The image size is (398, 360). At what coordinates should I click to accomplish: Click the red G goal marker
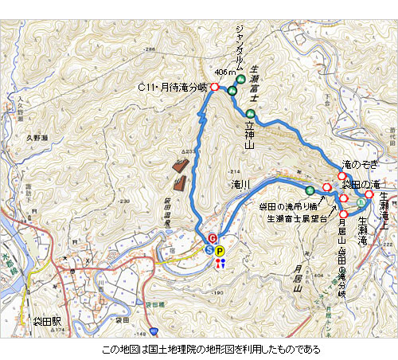coord(213,238)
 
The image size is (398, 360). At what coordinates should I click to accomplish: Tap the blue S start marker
coord(210,250)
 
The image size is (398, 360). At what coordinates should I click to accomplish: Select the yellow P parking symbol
coord(220,251)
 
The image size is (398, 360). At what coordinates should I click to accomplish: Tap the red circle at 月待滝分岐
coord(214,86)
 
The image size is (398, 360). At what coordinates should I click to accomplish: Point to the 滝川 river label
coord(241,184)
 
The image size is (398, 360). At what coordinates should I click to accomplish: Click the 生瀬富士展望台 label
coord(297,217)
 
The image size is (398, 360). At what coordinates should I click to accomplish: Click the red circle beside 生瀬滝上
coord(369,194)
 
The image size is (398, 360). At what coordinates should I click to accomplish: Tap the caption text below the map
coord(199,349)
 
